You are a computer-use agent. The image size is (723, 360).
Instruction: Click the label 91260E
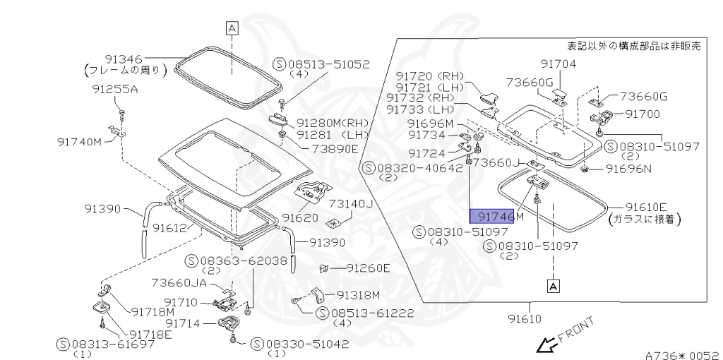coord(368,268)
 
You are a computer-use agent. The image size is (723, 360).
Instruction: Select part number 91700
coord(643,113)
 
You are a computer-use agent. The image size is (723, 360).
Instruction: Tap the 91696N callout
coord(628,169)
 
